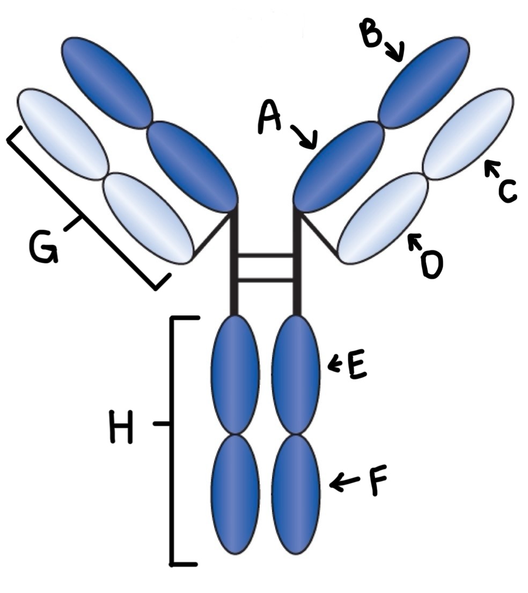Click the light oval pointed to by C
[468, 134]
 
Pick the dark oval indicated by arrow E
[296, 374]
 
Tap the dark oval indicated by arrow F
[296, 495]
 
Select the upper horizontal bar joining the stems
[265, 256]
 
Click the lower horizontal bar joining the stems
[265, 279]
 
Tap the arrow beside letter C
[491, 171]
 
